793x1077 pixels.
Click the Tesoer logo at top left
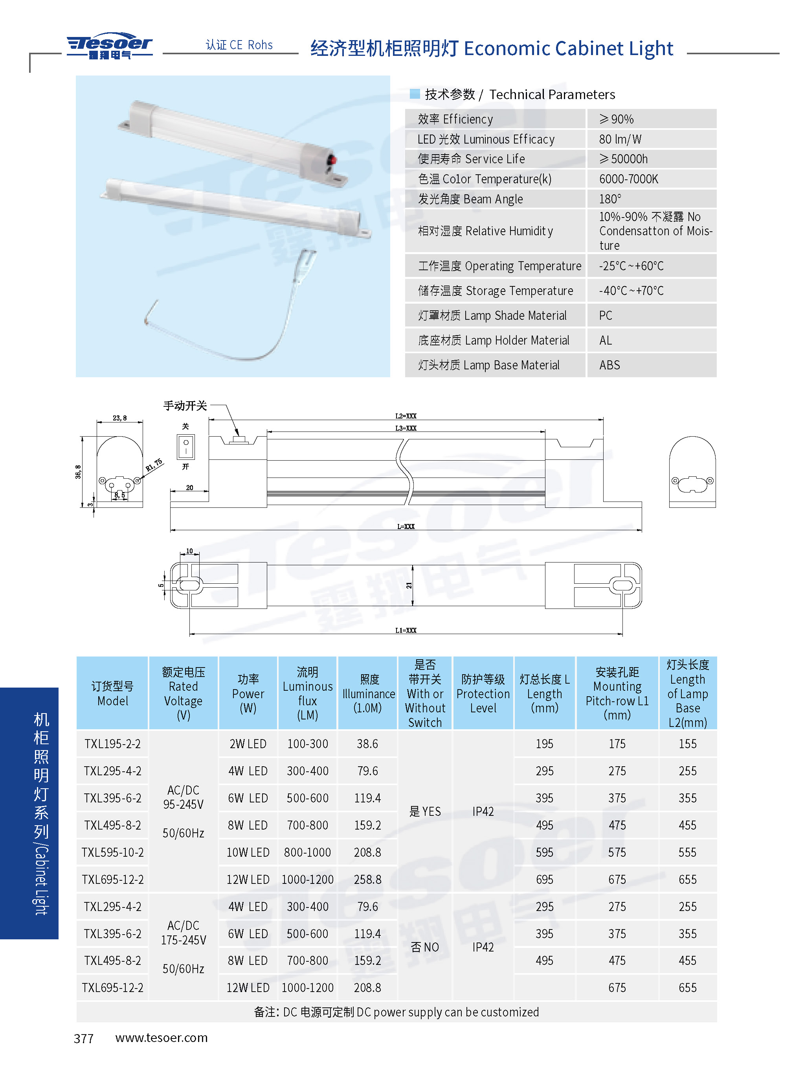pyautogui.click(x=110, y=46)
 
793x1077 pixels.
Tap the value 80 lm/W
pyautogui.click(x=620, y=139)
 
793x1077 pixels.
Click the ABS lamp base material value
pyautogui.click(x=609, y=365)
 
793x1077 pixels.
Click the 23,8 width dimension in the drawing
pyautogui.click(x=119, y=418)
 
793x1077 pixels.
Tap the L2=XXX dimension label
pyautogui.click(x=406, y=416)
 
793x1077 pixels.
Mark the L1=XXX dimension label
pyautogui.click(x=406, y=630)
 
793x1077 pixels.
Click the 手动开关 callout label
pyautogui.click(x=185, y=406)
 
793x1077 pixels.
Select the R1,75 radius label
pyautogui.click(x=154, y=465)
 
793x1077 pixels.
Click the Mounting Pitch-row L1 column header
pyautogui.click(x=617, y=693)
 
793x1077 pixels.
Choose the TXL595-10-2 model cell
pyautogui.click(x=113, y=852)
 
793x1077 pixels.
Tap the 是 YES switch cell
pyautogui.click(x=425, y=811)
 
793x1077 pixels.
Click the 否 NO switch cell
pyautogui.click(x=425, y=947)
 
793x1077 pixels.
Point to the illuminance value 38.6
pyautogui.click(x=367, y=743)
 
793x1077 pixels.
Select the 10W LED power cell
pyautogui.click(x=248, y=852)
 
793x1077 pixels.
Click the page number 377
pyautogui.click(x=84, y=1038)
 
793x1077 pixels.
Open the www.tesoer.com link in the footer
pyautogui.click(x=161, y=1038)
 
